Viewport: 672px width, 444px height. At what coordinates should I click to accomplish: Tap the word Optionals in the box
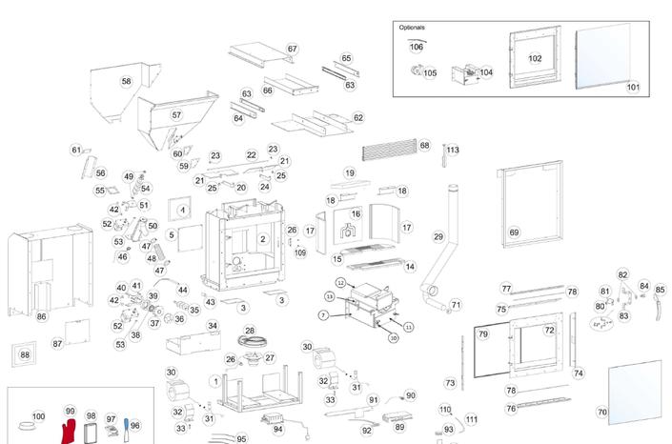point(412,28)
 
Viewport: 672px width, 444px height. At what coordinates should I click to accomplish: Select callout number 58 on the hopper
point(126,82)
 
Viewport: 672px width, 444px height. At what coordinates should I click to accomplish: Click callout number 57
point(176,115)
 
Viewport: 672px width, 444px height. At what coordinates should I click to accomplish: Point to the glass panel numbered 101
point(633,88)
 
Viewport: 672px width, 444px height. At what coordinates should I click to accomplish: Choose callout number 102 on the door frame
point(535,59)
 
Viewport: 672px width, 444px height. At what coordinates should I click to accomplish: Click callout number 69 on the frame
point(514,232)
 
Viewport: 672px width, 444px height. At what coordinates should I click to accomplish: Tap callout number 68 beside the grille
point(424,146)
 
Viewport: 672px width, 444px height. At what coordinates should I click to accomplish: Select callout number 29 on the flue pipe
point(438,237)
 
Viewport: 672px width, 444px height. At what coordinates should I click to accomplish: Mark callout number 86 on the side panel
point(41,316)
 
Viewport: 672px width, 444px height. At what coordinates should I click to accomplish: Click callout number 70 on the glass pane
point(601,413)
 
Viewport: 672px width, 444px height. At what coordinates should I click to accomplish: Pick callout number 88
point(25,355)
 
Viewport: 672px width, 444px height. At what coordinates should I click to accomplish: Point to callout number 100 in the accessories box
point(38,416)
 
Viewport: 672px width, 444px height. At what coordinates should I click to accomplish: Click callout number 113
point(453,150)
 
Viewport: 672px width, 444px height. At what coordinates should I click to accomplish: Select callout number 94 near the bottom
point(278,430)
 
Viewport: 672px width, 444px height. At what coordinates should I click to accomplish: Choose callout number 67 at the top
point(293,50)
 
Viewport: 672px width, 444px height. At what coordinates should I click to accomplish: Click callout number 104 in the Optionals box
point(486,72)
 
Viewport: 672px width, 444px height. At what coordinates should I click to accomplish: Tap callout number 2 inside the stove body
point(263,239)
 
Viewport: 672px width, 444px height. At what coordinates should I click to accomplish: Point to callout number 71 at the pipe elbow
point(456,305)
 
